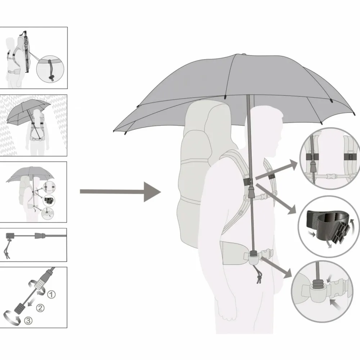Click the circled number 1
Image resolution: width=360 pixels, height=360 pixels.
[51, 294]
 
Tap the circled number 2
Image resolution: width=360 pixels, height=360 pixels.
[40, 308]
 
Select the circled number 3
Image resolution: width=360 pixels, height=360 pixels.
[28, 320]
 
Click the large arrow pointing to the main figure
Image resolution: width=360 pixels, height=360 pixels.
[120, 192]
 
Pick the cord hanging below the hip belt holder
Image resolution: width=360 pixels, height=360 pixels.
[258, 275]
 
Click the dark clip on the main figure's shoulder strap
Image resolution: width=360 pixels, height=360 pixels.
[248, 182]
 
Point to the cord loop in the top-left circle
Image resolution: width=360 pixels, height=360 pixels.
[50, 70]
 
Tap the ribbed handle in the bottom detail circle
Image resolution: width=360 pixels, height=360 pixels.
[319, 284]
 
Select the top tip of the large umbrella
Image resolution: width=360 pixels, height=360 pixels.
[244, 54]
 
